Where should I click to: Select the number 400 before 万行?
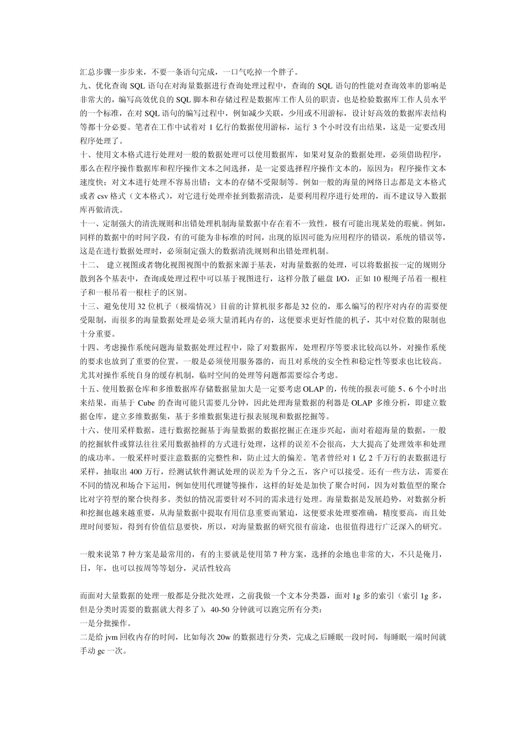click(135, 472)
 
